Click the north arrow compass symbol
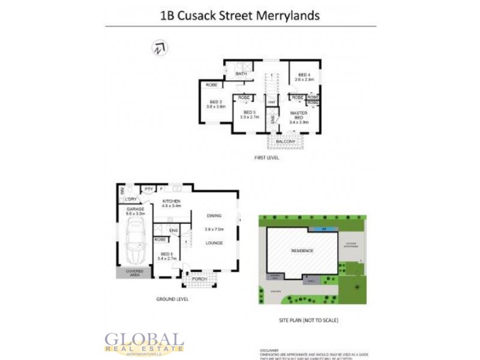coord(160,49)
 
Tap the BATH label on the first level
coord(241,74)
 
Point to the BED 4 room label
coord(304,74)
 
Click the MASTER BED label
coord(299,115)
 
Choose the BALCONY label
coord(286,142)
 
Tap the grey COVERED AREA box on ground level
coord(134,272)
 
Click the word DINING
coord(214,215)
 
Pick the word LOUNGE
coord(214,243)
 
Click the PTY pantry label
coord(148,190)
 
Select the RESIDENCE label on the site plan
coord(302,251)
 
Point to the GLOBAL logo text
coord(144,340)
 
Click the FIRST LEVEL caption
coord(267,158)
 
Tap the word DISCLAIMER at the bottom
coord(270,350)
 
